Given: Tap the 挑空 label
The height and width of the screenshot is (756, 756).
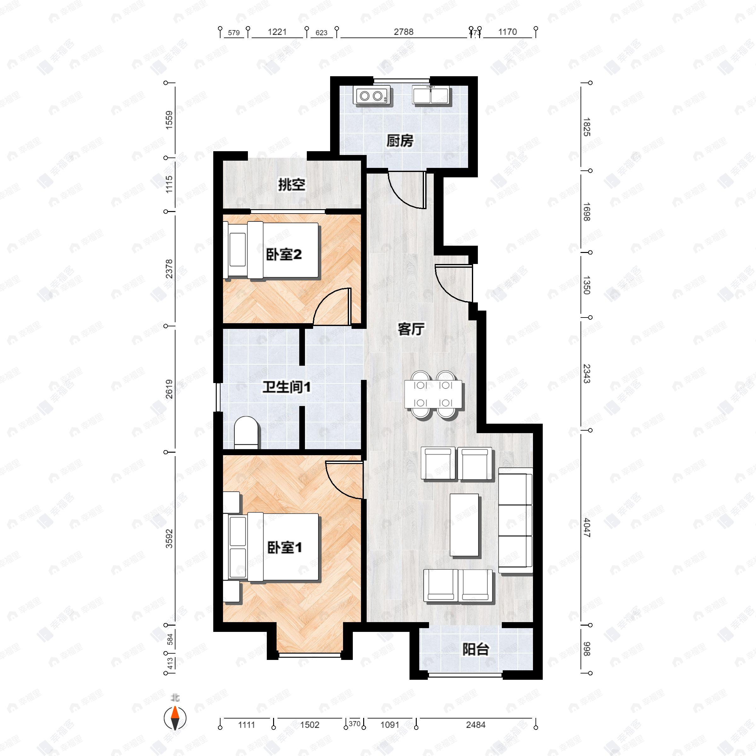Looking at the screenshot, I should click(x=291, y=185).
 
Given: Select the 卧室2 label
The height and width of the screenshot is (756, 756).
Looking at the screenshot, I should click(x=284, y=255).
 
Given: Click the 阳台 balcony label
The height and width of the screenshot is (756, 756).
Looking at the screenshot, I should click(x=475, y=650).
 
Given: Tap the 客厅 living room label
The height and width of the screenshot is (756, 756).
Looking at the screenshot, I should click(x=410, y=329).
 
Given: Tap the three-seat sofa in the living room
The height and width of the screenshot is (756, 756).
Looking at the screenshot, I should click(x=515, y=520).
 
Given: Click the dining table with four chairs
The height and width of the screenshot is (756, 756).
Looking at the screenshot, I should click(x=433, y=394).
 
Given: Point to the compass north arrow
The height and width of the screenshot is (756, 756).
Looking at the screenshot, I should click(x=175, y=718).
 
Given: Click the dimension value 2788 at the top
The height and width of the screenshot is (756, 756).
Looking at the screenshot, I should click(x=404, y=32).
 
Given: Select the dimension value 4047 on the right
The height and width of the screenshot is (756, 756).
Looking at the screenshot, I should click(x=587, y=528).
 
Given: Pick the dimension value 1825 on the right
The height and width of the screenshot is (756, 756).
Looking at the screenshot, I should click(x=587, y=127).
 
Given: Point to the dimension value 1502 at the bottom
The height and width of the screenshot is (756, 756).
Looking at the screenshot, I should click(x=310, y=725).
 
